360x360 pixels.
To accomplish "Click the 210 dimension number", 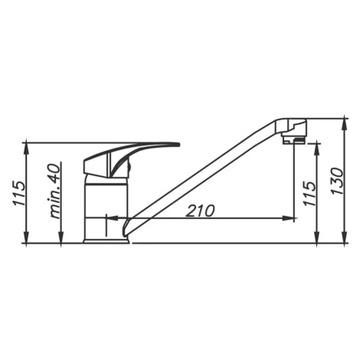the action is [200, 211].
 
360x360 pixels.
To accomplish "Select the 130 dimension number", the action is [338, 181].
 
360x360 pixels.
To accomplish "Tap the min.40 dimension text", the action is [55, 190].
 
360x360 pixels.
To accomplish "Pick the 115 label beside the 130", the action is [309, 193].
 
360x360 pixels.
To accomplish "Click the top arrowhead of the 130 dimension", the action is [345, 124].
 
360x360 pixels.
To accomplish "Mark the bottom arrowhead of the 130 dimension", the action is [345, 237].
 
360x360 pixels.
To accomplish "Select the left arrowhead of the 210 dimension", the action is [112, 218].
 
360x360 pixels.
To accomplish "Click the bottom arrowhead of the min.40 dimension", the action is [61, 237].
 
